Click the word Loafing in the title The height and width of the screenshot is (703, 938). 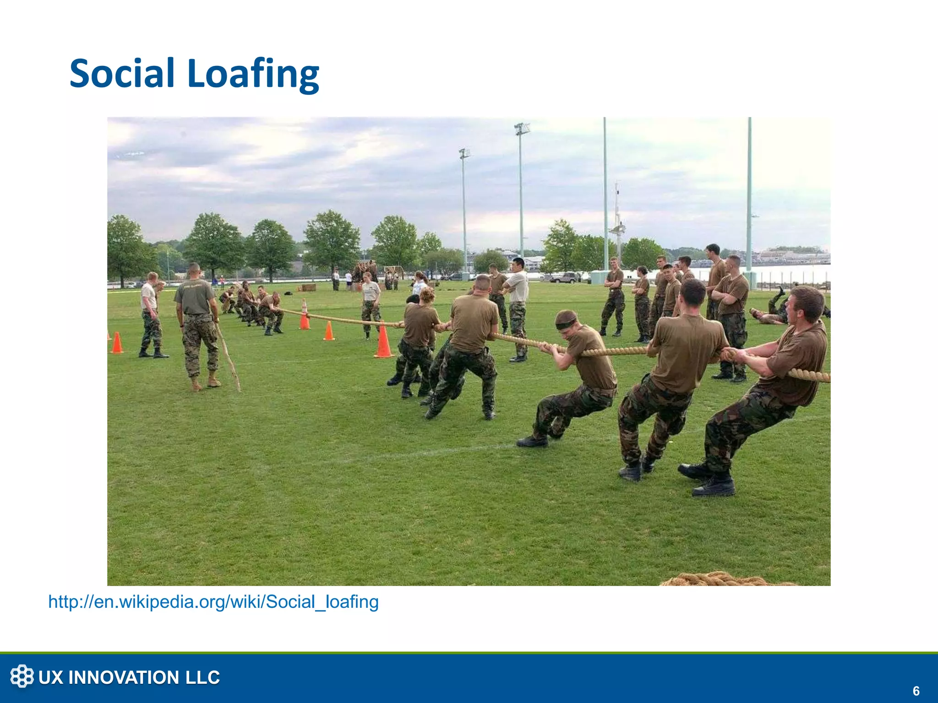click(x=253, y=74)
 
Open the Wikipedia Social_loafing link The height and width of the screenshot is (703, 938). click(x=213, y=602)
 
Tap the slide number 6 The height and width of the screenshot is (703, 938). click(x=916, y=691)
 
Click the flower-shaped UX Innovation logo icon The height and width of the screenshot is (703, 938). click(x=22, y=676)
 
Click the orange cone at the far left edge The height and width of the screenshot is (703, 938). click(x=117, y=343)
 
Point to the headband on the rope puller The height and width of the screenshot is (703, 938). click(x=566, y=323)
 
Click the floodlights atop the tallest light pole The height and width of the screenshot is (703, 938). click(x=522, y=129)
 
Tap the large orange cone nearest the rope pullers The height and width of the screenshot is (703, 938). click(x=383, y=341)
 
